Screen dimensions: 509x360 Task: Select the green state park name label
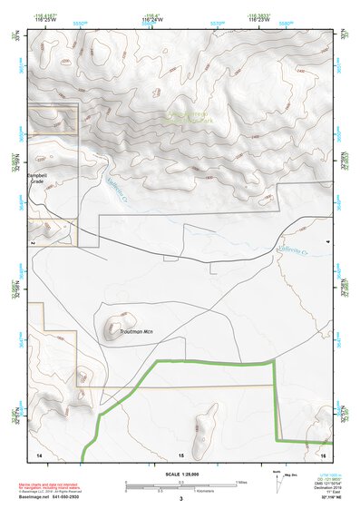pos(189,116)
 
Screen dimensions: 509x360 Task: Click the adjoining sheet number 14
pos(38,452)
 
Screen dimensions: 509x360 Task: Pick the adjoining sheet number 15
pos(180,452)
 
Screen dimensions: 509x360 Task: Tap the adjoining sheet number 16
pos(322,452)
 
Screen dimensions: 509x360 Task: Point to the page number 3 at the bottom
pos(180,498)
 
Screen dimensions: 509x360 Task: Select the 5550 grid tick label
pos(80,23)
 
